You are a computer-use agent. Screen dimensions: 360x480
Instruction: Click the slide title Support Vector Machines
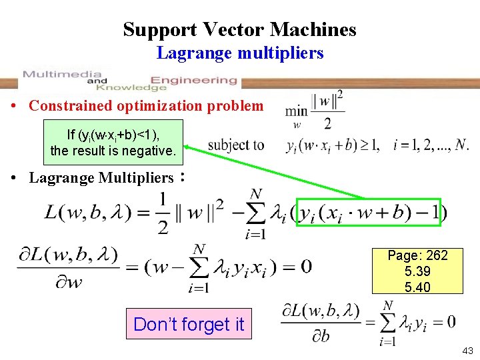point(239,29)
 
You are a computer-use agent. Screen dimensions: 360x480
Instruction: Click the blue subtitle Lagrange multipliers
point(240,53)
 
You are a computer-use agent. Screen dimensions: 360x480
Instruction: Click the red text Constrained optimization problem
point(146,105)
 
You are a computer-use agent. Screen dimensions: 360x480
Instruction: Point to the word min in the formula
point(296,111)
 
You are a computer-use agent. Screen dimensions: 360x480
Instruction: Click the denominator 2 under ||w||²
point(327,123)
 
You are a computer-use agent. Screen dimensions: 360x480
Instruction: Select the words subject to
point(236,145)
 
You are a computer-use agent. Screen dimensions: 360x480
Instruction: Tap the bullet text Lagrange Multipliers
point(101,178)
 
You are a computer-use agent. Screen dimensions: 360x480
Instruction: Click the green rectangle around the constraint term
point(369,212)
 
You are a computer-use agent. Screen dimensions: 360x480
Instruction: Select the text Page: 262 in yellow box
point(417,255)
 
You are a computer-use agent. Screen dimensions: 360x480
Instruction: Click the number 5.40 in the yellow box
point(417,287)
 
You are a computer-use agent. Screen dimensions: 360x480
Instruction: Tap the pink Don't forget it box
point(189,324)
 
